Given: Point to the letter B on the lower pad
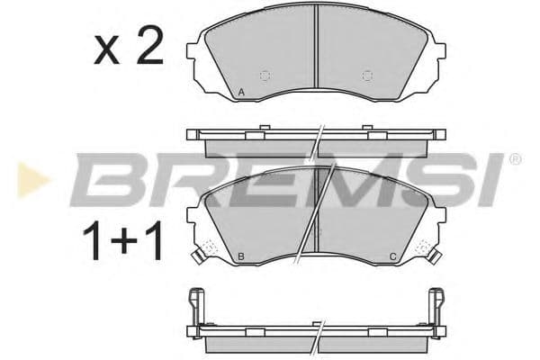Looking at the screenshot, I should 242,257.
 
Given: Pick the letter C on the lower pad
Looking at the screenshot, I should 392,257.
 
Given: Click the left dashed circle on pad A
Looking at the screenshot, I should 265,76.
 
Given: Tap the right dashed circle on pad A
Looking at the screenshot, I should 366,76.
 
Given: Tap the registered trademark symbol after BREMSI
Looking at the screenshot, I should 514,159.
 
